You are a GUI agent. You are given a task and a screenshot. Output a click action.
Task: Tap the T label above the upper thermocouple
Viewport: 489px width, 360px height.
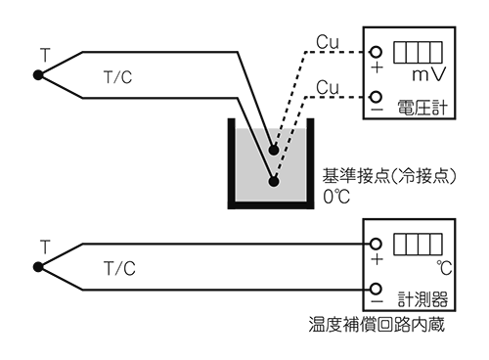coord(42,52)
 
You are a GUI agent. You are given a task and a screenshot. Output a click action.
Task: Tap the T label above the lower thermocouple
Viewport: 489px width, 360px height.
coord(42,245)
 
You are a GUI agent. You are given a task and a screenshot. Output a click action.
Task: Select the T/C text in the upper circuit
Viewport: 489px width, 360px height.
coord(118,76)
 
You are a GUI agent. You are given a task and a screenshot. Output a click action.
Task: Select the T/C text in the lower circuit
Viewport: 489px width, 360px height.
coord(118,268)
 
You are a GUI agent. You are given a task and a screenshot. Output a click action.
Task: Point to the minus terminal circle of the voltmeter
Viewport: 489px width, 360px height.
coord(377,98)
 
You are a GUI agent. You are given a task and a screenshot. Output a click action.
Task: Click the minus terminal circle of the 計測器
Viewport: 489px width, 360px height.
coord(377,290)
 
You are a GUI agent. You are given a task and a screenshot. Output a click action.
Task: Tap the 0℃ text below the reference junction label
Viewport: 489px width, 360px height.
coord(335,195)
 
